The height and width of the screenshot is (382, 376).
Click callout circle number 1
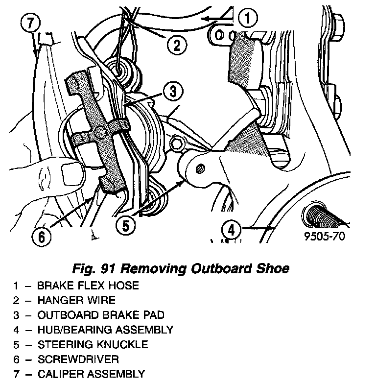pyautogui.click(x=248, y=19)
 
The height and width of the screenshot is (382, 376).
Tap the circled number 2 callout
pyautogui.click(x=176, y=46)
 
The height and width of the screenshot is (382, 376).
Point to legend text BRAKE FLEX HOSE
pyautogui.click(x=88, y=285)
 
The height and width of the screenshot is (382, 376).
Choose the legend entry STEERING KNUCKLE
pyautogui.click(x=92, y=344)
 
